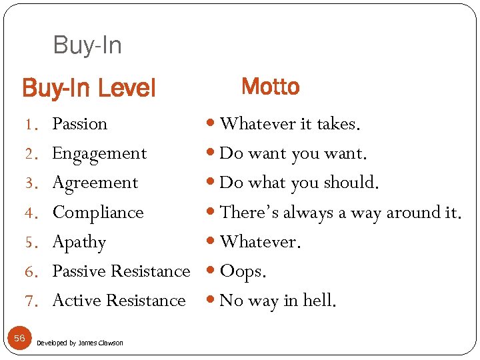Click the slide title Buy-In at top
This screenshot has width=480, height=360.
point(87,45)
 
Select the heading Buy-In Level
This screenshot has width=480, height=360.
point(89,87)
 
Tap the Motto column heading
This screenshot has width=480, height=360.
point(270,87)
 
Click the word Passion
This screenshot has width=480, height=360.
point(79,124)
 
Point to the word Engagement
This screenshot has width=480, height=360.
point(99,153)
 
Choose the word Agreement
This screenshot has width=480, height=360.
point(95,183)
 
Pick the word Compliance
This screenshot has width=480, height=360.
point(98,213)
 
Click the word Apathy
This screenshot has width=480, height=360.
point(79,242)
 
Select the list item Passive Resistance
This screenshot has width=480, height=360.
point(121,271)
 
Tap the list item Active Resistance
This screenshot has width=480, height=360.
point(119,301)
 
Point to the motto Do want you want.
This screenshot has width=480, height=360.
point(293,153)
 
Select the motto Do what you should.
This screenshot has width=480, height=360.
point(299,183)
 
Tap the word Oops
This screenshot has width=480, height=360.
point(243,271)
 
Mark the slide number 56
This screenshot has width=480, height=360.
point(19,339)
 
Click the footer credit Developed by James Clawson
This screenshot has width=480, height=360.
point(80,343)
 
